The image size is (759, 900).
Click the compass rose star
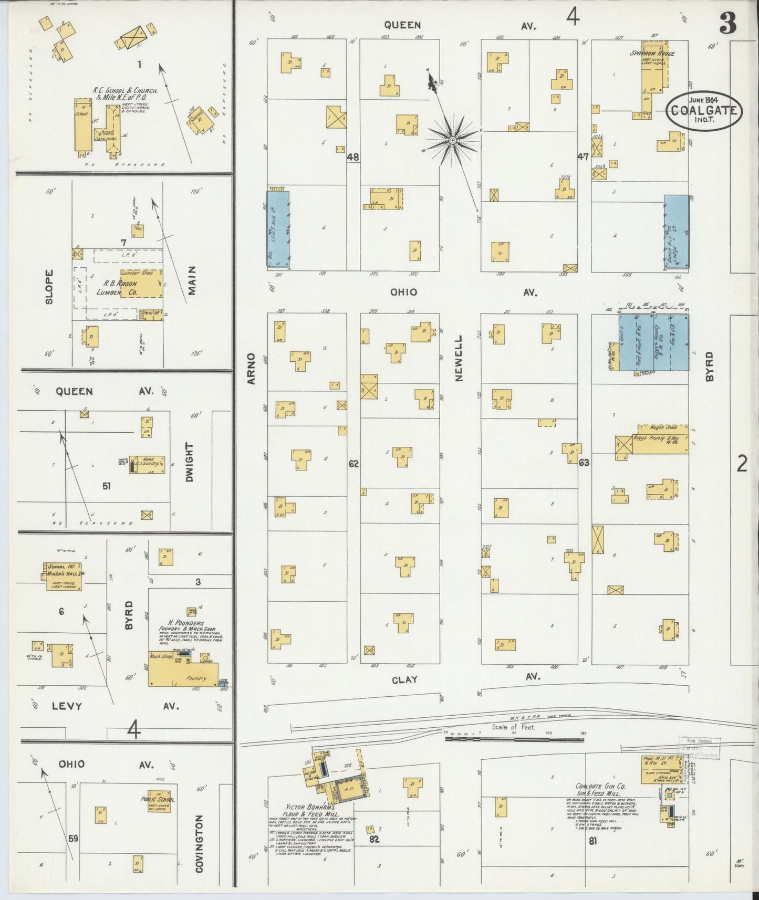click(x=452, y=140)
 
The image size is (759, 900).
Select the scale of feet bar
click(x=514, y=739)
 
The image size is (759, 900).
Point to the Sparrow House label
click(x=652, y=53)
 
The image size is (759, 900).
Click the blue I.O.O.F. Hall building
click(x=278, y=229)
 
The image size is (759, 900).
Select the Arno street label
click(x=251, y=368)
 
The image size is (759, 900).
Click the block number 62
click(x=353, y=464)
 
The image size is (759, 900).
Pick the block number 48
click(x=353, y=156)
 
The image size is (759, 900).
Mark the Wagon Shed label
click(x=663, y=427)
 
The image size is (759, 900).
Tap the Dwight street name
click(x=189, y=462)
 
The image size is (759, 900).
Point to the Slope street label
click(x=49, y=288)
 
